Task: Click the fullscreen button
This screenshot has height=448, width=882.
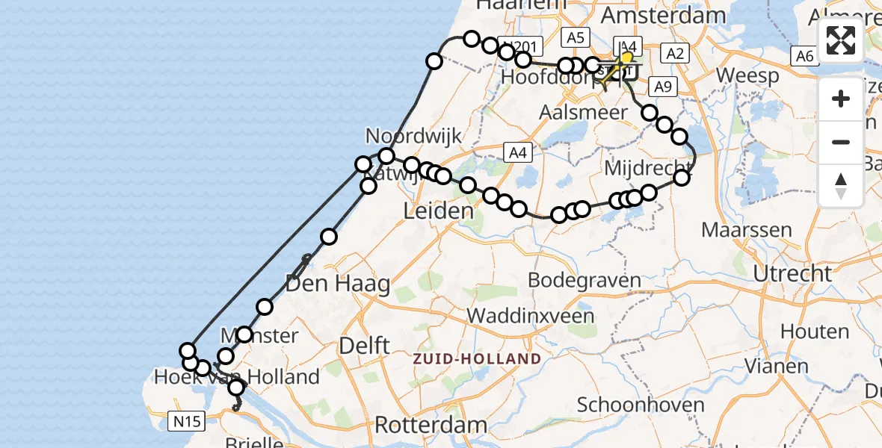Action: (x=841, y=40)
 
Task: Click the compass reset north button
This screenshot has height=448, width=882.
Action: (x=841, y=185)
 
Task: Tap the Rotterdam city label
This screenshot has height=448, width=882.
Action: (x=431, y=426)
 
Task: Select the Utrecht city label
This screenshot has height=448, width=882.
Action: (x=792, y=274)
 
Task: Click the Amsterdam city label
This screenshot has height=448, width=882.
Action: (x=663, y=16)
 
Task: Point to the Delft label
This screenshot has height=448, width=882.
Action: (x=364, y=345)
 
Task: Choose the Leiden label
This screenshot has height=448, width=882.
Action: (x=439, y=211)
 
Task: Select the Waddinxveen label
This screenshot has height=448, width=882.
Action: (x=531, y=315)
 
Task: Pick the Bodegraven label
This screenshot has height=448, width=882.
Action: (x=585, y=281)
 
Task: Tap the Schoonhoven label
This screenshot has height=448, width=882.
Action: (x=641, y=405)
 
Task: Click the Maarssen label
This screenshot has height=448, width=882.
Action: (x=747, y=229)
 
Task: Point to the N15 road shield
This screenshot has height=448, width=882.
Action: (x=185, y=422)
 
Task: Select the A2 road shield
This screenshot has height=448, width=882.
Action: (x=674, y=53)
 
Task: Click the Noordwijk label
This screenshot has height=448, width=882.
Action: (x=413, y=136)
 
